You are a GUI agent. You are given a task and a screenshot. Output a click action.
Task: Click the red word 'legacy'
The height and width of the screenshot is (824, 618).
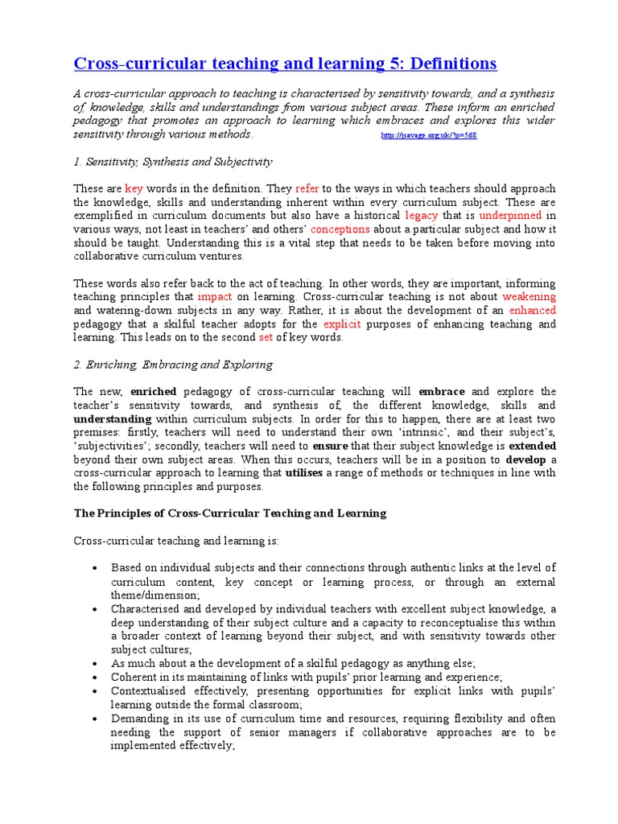(422, 216)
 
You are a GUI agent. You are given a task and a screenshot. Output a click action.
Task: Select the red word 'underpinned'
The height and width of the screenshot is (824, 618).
(512, 216)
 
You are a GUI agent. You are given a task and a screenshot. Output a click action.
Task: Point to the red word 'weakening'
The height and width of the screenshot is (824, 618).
(529, 297)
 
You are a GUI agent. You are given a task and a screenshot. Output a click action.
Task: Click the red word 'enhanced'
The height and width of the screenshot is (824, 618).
(532, 311)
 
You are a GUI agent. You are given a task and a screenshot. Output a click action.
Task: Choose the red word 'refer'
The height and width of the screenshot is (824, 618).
(307, 188)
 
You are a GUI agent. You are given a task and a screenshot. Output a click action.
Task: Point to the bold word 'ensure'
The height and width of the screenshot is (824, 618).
(330, 446)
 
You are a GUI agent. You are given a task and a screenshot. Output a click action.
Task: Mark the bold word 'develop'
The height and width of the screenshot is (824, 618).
(525, 459)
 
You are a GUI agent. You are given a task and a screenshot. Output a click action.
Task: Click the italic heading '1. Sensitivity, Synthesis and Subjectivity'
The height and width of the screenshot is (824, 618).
(173, 162)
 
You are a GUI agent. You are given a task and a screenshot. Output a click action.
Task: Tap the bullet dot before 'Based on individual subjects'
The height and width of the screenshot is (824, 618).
(94, 568)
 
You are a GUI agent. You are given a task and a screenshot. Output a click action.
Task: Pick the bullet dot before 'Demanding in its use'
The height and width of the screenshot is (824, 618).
(94, 719)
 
